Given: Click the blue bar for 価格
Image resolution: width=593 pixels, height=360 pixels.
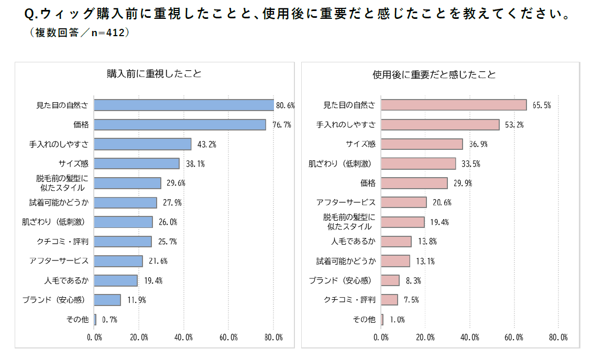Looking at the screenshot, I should (180, 125).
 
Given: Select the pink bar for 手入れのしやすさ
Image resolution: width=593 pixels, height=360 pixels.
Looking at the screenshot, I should (440, 125).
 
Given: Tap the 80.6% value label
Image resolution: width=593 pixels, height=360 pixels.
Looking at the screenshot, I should (285, 105).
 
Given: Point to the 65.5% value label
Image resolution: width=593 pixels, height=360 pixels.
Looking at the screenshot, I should (541, 105).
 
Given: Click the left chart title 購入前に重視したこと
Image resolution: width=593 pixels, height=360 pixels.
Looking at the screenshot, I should (154, 74).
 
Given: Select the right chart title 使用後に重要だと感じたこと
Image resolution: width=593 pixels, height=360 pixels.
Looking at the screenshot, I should (434, 74).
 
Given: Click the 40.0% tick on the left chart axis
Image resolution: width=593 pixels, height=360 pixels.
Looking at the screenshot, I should (184, 337).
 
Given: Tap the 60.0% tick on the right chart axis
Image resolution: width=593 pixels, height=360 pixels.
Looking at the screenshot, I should (514, 337).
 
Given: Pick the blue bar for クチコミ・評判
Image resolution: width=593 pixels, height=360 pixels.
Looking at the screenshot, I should (123, 242).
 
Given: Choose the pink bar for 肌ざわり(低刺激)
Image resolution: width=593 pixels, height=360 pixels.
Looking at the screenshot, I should (418, 163).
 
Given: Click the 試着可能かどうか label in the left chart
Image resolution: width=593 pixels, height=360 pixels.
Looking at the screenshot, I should (59, 202).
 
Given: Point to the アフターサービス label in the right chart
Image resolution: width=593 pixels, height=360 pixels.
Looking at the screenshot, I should (346, 202).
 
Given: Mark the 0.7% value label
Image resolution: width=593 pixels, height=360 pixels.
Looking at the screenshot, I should (109, 320).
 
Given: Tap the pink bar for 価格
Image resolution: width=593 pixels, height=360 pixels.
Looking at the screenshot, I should (414, 183).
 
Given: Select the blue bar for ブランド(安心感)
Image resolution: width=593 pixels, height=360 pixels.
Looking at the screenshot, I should (107, 300).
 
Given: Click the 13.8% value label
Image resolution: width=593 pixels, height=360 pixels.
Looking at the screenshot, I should (427, 242).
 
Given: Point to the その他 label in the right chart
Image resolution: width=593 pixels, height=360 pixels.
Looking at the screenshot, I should (364, 319).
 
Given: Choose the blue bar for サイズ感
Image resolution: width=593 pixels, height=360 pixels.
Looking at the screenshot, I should (137, 163).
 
